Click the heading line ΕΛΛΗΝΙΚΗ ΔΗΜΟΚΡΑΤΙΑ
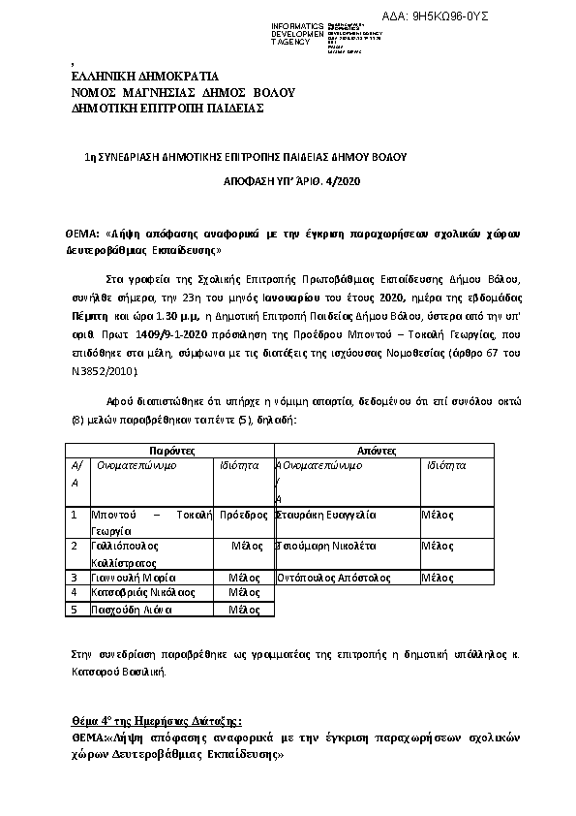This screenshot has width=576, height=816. tap(145, 77)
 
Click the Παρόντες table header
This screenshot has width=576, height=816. tap(171, 451)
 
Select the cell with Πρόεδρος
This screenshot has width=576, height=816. tap(244, 515)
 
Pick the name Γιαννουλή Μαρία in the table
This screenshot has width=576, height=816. tap(132, 577)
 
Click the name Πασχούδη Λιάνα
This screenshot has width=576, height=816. tap(131, 610)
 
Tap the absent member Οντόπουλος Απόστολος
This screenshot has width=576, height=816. tap(334, 577)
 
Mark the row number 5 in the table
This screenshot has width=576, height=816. tap(74, 610)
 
